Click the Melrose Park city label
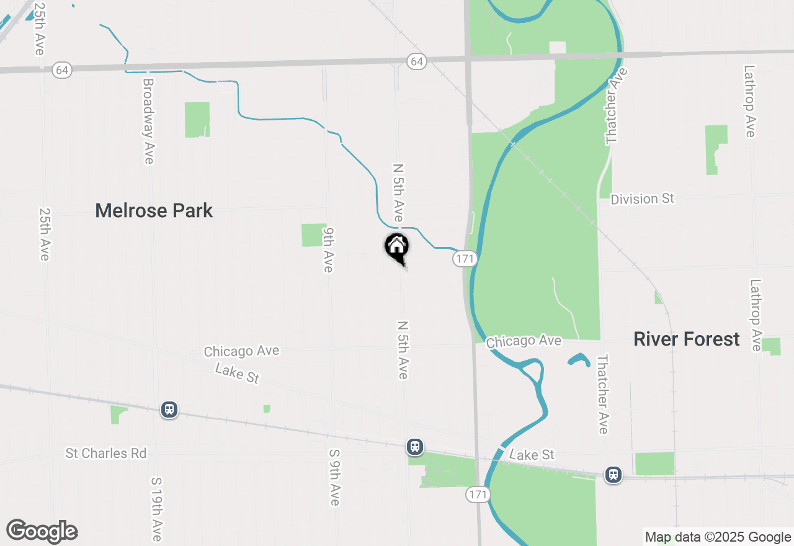(154, 211)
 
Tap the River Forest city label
(687, 339)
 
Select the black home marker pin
(397, 247)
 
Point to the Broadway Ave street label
(148, 121)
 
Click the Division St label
(642, 199)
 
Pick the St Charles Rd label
(106, 454)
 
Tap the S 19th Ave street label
(156, 508)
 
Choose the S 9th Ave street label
(334, 477)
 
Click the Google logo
(42, 532)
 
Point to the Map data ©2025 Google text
(717, 537)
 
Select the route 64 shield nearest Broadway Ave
(61, 69)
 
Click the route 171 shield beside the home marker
(464, 258)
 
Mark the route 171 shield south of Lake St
(478, 495)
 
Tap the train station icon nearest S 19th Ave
(169, 409)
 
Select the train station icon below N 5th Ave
(414, 446)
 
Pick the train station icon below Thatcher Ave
(613, 475)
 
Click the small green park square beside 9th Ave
(314, 235)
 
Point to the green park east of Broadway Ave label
(197, 119)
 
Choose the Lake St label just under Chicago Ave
(237, 374)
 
